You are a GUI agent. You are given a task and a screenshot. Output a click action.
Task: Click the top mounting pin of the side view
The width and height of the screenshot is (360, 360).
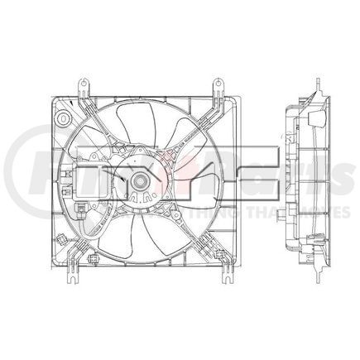[318, 84]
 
